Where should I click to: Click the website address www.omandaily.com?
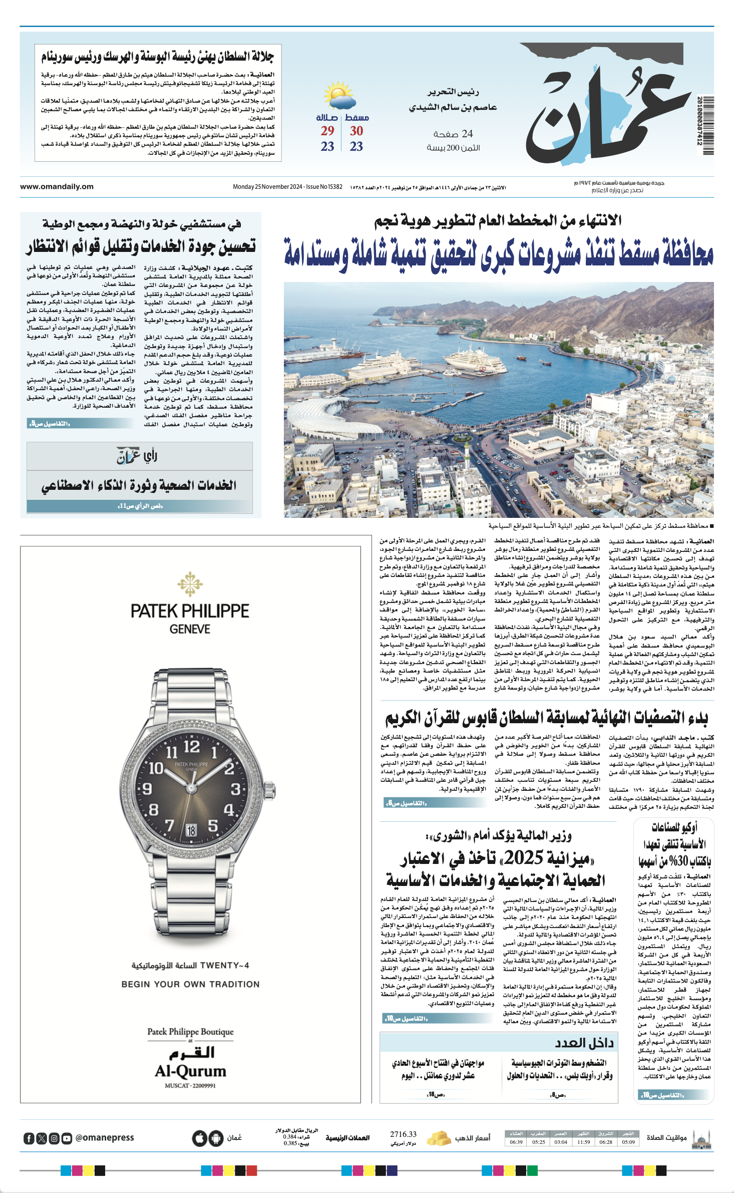[x=57, y=187]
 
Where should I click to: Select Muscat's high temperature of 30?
[x=356, y=131]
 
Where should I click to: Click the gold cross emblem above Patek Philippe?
[x=190, y=584]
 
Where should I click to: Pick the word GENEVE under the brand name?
[x=190, y=629]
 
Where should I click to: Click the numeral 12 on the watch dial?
[x=191, y=747]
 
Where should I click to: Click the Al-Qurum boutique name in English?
[x=190, y=1071]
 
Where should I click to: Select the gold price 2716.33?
[x=403, y=1134]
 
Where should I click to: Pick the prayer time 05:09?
[x=628, y=1142]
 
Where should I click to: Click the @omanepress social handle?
[x=105, y=1138]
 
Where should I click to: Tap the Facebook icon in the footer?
[x=29, y=1138]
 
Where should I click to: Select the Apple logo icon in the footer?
[x=199, y=1138]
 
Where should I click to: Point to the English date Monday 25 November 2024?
[x=267, y=187]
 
